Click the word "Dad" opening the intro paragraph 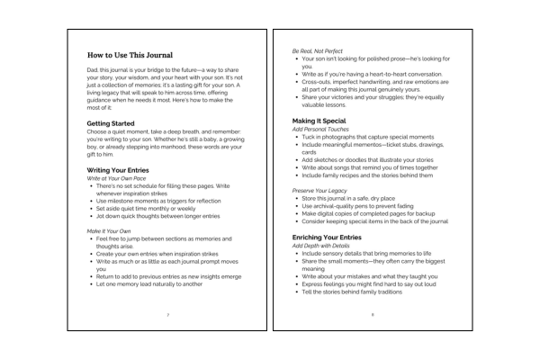[x=93, y=78]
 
